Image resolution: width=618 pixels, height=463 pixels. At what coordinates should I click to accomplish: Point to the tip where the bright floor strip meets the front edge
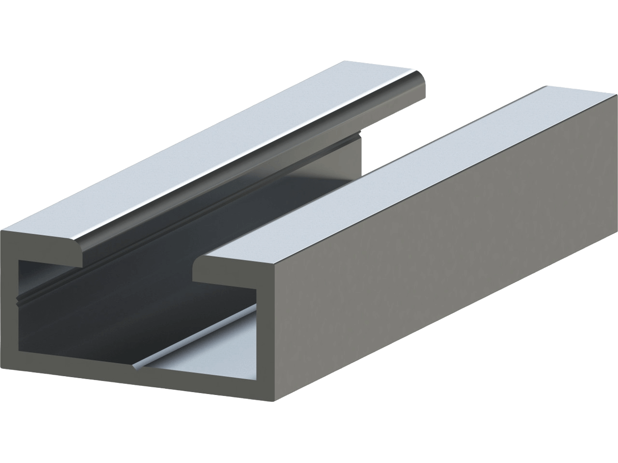tap(138, 369)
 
